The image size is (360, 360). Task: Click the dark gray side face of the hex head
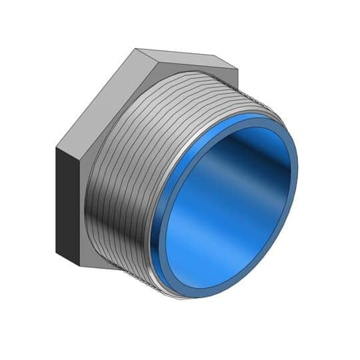click(71, 187)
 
